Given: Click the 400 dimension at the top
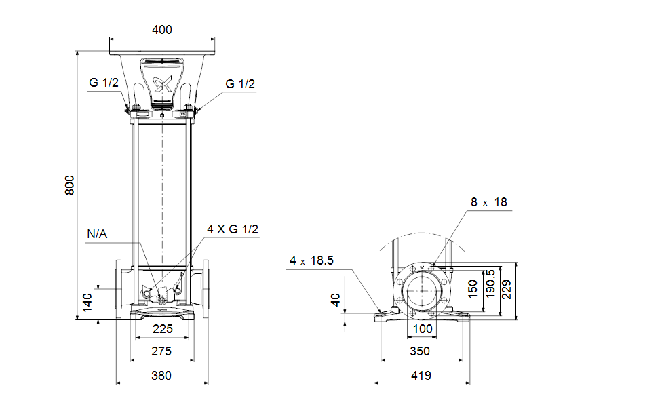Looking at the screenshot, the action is [x=162, y=30].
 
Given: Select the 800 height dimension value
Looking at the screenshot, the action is [x=70, y=185].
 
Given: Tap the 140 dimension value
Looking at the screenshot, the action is [x=87, y=303].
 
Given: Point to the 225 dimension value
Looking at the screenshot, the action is [x=163, y=329].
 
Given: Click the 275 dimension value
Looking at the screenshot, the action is [x=161, y=351].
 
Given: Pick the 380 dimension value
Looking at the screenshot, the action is [x=161, y=375].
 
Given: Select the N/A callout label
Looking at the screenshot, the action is [x=97, y=234].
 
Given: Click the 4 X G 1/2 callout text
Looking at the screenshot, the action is [x=233, y=229].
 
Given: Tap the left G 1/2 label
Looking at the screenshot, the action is [x=104, y=83].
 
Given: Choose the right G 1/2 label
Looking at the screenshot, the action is [x=240, y=84].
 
